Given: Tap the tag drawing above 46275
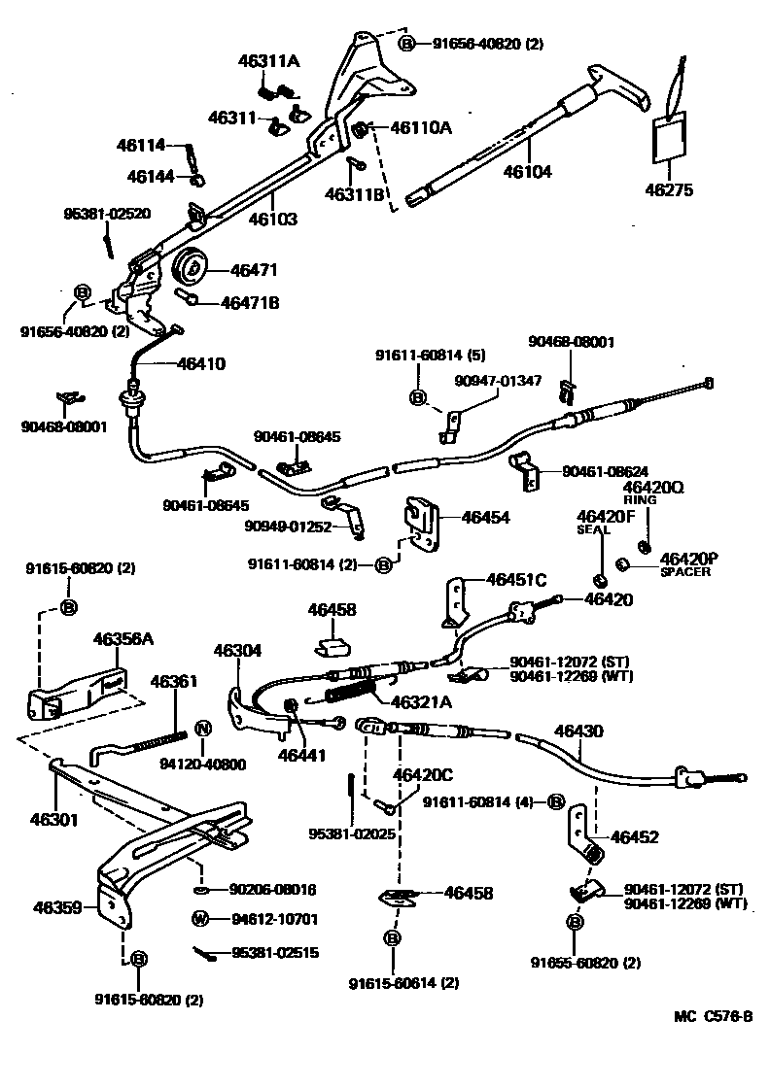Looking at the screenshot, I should pos(668,134).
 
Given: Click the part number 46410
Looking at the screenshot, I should pos(201,364).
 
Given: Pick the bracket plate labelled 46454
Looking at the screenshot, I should pos(421,525).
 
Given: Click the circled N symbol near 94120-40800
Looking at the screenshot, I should pos(203,729).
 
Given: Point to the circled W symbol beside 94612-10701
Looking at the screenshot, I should pos(200,918).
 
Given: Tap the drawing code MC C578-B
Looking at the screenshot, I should pos(714,1016).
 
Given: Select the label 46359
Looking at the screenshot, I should pos(56,907).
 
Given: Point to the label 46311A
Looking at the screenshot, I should pos(268,62).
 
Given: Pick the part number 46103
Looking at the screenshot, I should pos(272,220).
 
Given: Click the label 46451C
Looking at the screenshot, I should pos(516,580).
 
